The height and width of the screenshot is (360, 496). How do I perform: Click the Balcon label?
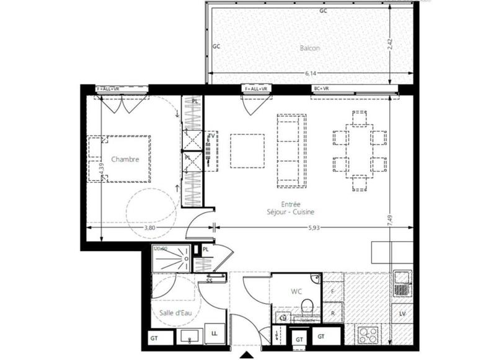(310, 48)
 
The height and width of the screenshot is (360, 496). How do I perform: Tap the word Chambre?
(125, 159)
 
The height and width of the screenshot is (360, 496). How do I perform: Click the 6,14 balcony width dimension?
(311, 73)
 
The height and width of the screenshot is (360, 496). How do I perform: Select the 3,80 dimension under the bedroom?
(149, 227)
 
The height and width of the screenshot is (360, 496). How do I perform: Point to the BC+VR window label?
(322, 89)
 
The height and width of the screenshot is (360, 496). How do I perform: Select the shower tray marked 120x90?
(171, 258)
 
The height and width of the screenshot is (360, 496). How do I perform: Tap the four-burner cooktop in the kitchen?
(368, 335)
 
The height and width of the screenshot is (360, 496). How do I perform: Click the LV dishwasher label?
(402, 314)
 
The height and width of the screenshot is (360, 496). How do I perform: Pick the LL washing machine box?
(215, 333)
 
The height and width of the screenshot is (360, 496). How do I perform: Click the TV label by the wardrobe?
(211, 136)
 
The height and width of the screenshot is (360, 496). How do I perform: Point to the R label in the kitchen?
(333, 312)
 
